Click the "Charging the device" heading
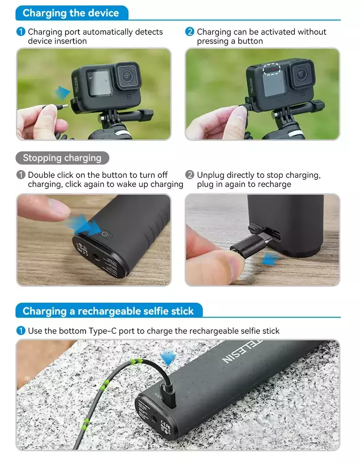click(71, 13)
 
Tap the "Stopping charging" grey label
click(62, 158)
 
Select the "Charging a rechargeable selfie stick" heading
click(108, 311)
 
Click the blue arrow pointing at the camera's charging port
click(62, 93)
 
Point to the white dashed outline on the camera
click(271, 69)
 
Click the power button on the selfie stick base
click(105, 234)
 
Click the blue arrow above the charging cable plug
click(168, 357)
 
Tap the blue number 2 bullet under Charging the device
click(190, 32)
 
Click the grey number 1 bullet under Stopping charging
click(21, 175)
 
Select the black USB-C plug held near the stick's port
click(251, 246)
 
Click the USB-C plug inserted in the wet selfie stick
click(168, 396)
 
